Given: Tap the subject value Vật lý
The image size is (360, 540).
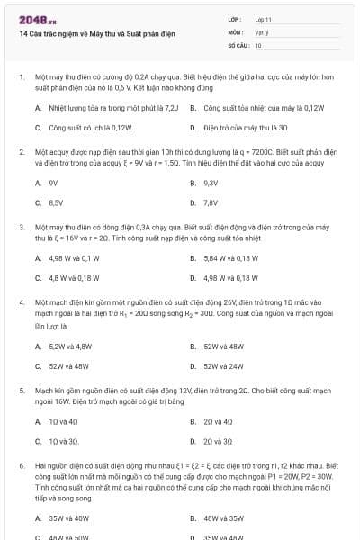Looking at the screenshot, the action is [x=261, y=31].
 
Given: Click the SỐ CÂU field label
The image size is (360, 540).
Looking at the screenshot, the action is [x=238, y=44].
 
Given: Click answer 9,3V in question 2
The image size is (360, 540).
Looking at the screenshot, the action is [x=211, y=183].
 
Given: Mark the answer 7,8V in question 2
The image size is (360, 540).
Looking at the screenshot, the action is [x=211, y=202].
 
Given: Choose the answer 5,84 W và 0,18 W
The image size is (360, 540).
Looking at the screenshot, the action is [x=230, y=258].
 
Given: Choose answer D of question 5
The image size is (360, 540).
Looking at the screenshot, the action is [x=217, y=441].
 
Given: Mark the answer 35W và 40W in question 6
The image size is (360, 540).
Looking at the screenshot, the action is [x=68, y=517].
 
